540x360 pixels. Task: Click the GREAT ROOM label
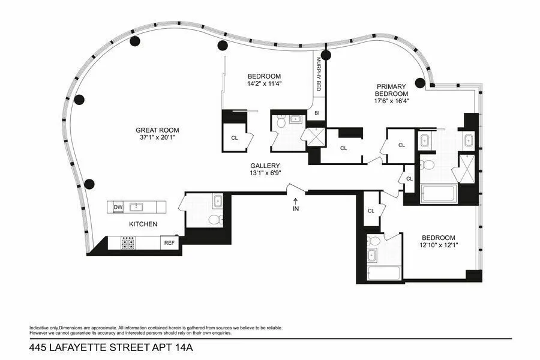point(157,130)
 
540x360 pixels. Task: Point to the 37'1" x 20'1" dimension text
point(157,138)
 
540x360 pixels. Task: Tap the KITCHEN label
point(143,224)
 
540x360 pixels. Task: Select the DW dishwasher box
point(118,208)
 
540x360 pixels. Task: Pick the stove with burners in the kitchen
point(128,243)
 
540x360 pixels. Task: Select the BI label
point(317,113)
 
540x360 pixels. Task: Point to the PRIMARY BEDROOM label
point(391,90)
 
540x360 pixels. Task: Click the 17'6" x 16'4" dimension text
point(391,101)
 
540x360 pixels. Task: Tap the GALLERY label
point(265,166)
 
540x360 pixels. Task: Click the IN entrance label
point(295,209)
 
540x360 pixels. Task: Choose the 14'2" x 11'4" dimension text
point(265,83)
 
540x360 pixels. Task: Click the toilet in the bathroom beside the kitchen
point(215,220)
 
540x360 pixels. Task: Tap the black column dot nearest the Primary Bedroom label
point(420,83)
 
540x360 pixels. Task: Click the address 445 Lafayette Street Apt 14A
point(110,347)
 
